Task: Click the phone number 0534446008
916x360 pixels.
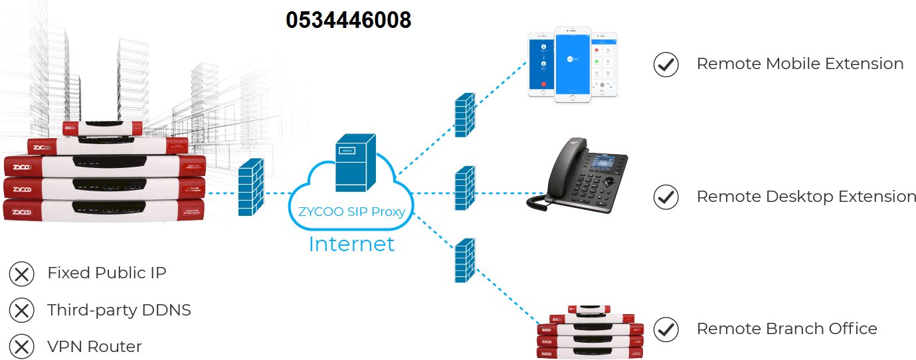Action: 348,20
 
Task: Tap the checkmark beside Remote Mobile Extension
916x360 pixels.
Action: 666,64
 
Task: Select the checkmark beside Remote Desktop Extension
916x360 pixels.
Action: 666,197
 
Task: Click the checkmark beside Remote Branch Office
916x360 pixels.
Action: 666,329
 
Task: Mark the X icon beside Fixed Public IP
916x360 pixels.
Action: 22,273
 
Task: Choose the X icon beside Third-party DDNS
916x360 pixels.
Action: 22,310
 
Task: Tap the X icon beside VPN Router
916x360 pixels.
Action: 22,346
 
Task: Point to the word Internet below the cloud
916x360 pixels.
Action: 351,244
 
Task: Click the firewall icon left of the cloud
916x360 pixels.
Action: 251,187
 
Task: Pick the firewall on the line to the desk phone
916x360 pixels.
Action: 464,189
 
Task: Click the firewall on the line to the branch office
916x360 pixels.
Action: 464,260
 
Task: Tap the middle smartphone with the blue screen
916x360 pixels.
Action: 572,64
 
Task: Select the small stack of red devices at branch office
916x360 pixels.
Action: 591,332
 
